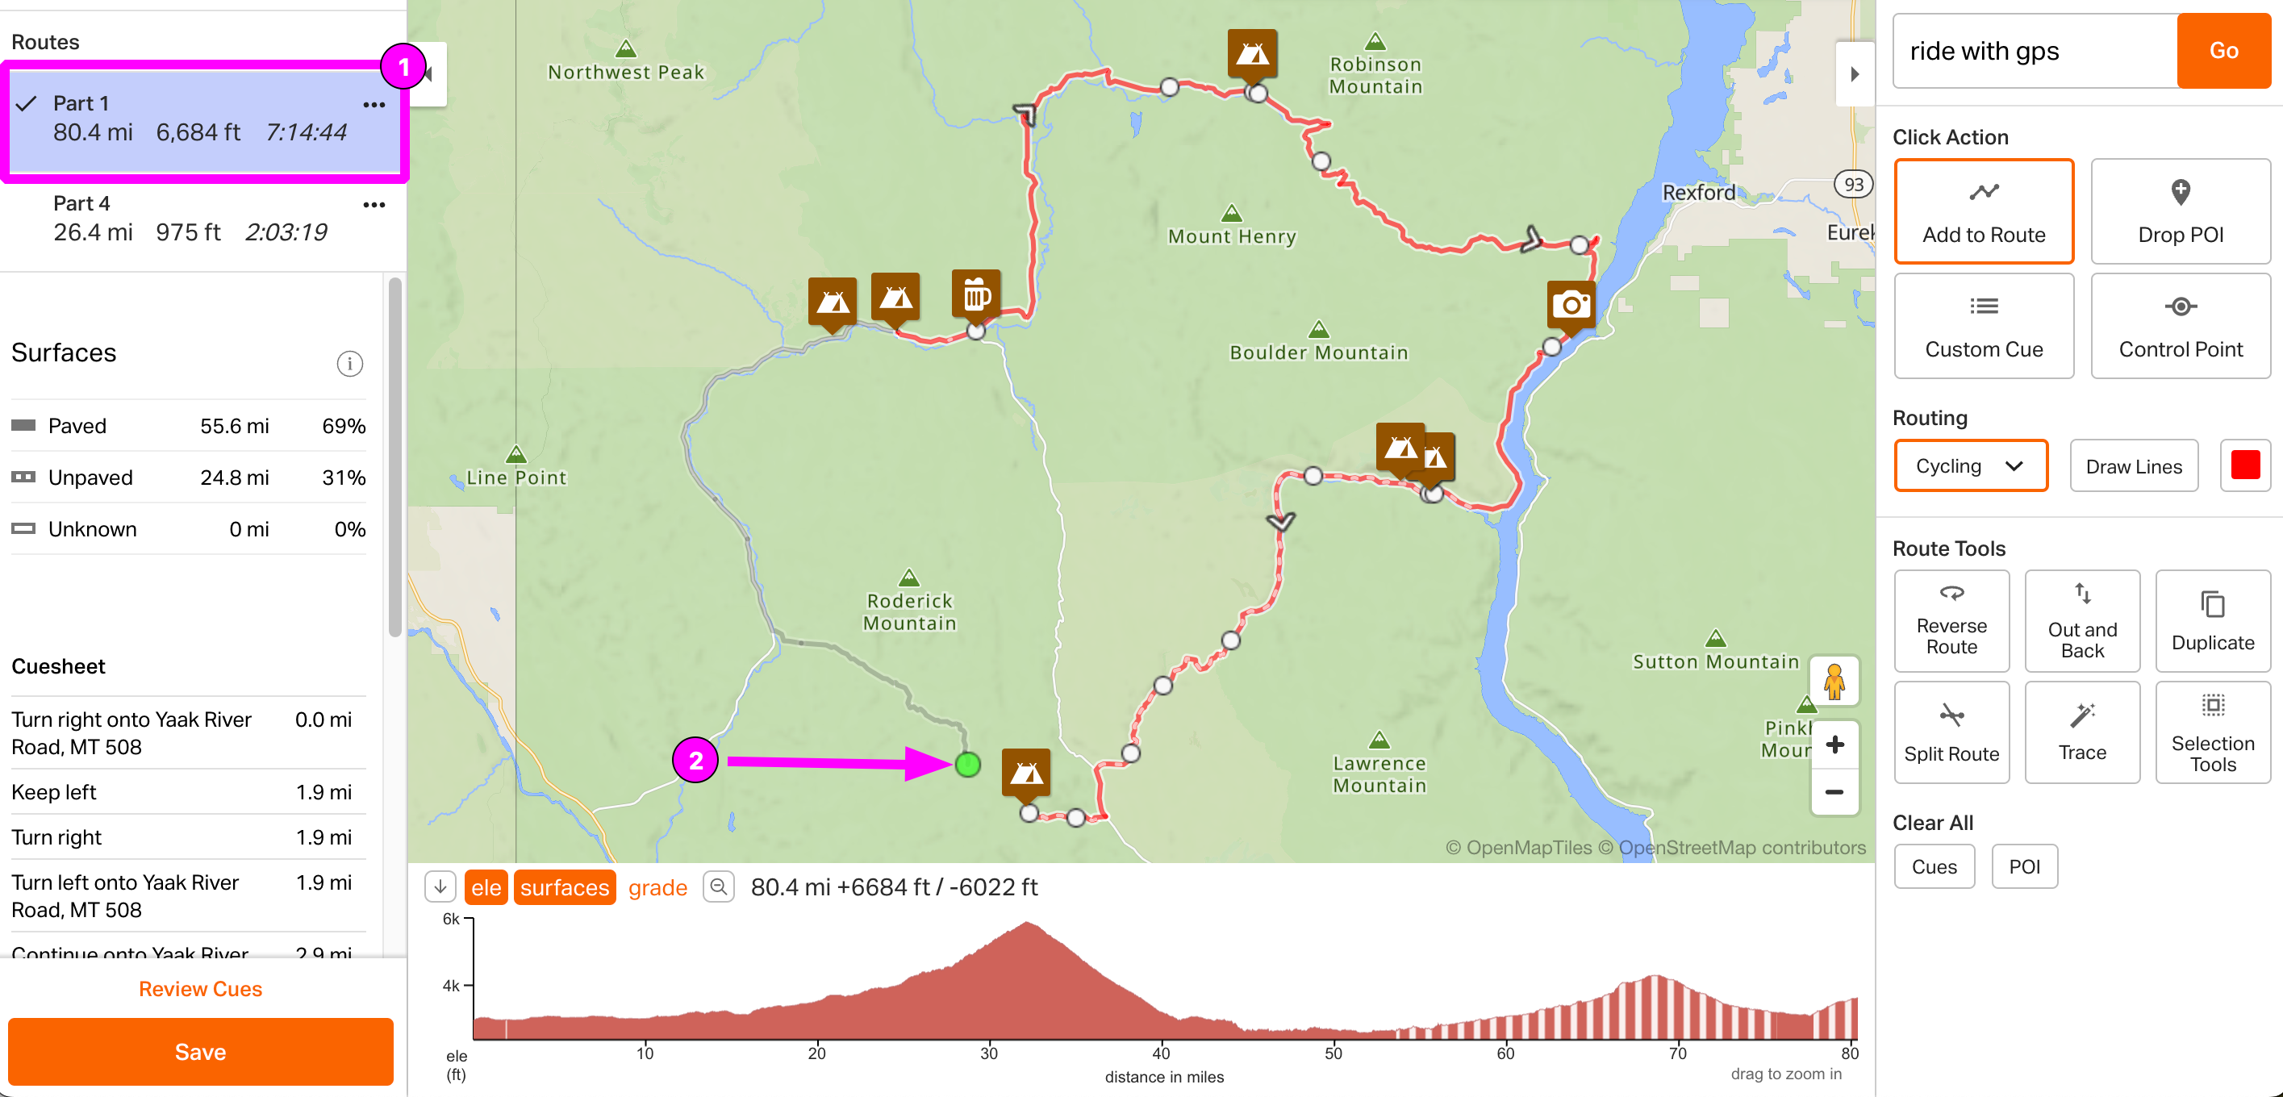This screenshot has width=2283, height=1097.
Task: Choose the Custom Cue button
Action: (x=1983, y=325)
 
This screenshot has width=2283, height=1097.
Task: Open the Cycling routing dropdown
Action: (x=1969, y=466)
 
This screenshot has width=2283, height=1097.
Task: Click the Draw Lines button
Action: (x=2132, y=466)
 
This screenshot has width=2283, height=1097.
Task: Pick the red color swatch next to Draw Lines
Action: (x=2244, y=465)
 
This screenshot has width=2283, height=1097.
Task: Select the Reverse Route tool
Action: (x=1951, y=620)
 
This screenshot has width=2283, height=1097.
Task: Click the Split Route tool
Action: (x=1951, y=732)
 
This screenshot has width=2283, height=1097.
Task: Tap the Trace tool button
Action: (x=2081, y=732)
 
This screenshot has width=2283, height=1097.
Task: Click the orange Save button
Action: (x=200, y=1051)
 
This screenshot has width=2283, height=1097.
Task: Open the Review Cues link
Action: (x=200, y=988)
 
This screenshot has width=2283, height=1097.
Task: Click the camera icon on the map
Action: (x=1571, y=305)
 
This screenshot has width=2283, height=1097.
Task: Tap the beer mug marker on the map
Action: (x=976, y=294)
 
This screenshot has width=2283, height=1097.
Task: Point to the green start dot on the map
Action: (x=968, y=764)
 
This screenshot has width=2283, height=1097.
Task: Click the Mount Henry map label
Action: (x=1231, y=236)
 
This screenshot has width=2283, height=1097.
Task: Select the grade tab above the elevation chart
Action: (x=657, y=887)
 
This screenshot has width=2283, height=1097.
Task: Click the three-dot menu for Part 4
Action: (x=374, y=205)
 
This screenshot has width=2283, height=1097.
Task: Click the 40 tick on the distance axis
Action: (x=1161, y=1053)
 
